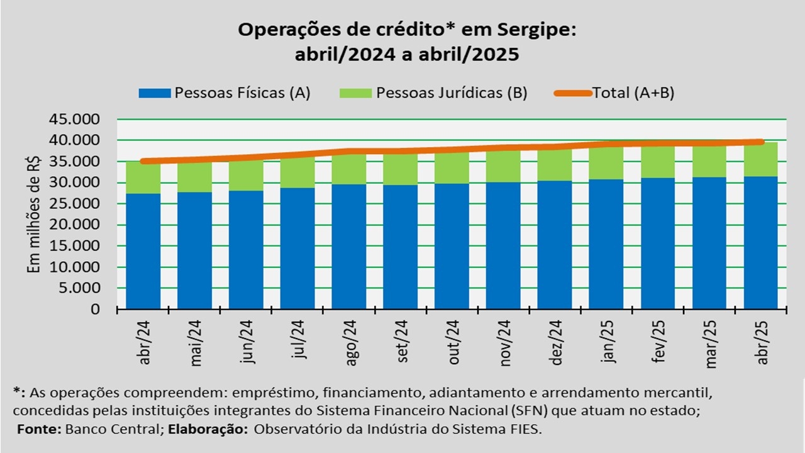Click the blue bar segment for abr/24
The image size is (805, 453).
143,252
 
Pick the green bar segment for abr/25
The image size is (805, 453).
761,160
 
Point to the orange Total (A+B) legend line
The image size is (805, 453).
572,93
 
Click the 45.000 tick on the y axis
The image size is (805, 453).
79,119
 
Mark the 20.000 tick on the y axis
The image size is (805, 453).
79,225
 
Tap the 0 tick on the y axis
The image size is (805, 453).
96,309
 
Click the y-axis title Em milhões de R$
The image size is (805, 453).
35,214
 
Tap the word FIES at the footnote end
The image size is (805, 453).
526,429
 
